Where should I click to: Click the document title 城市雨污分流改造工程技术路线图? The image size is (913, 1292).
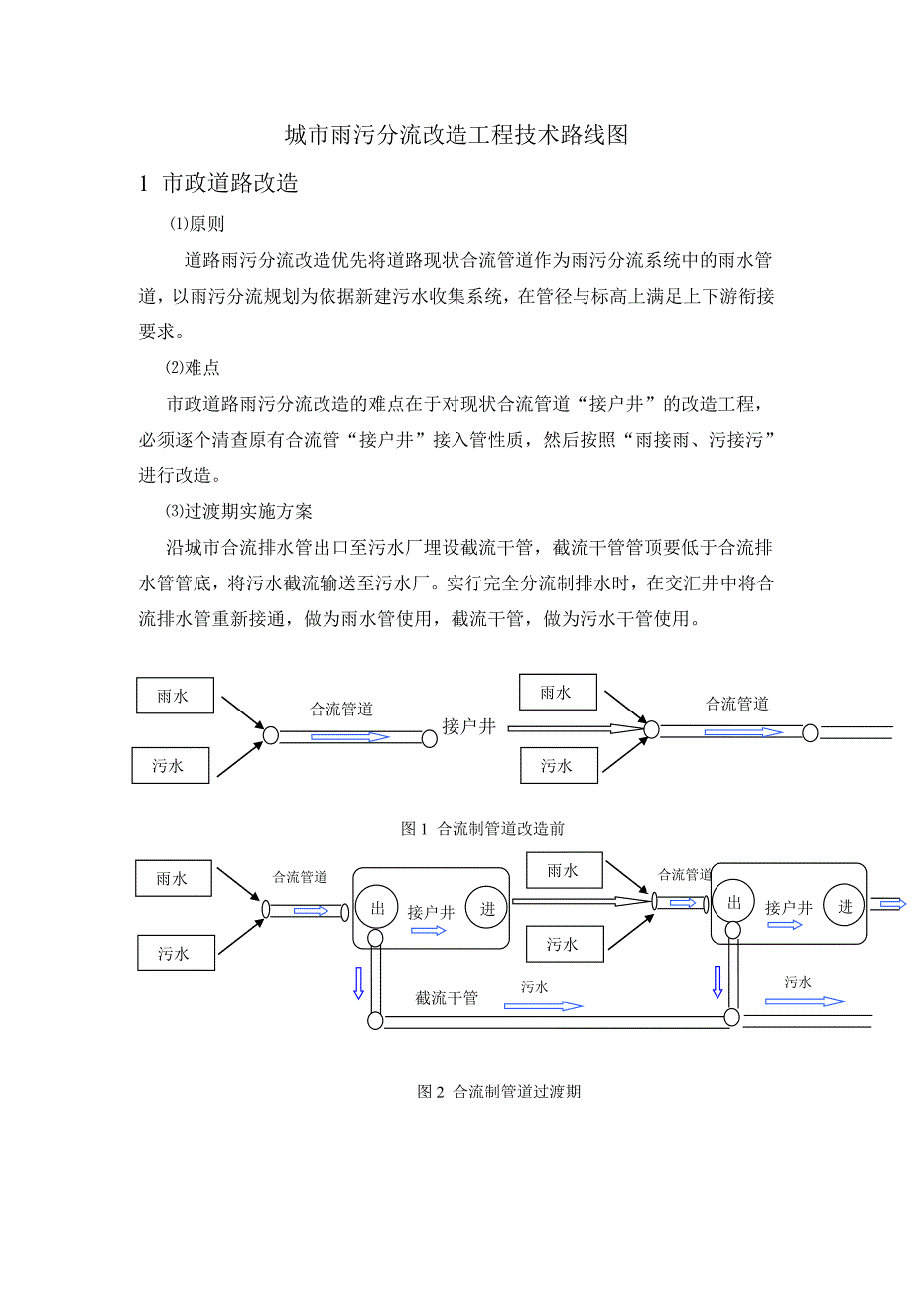(456, 136)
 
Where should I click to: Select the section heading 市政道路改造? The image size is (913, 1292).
(230, 184)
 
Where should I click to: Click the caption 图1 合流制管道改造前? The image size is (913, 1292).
(482, 828)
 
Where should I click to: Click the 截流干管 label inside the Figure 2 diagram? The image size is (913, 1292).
(447, 998)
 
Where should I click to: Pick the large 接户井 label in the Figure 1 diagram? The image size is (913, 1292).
(469, 726)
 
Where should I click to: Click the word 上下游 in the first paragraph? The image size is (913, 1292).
(702, 296)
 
